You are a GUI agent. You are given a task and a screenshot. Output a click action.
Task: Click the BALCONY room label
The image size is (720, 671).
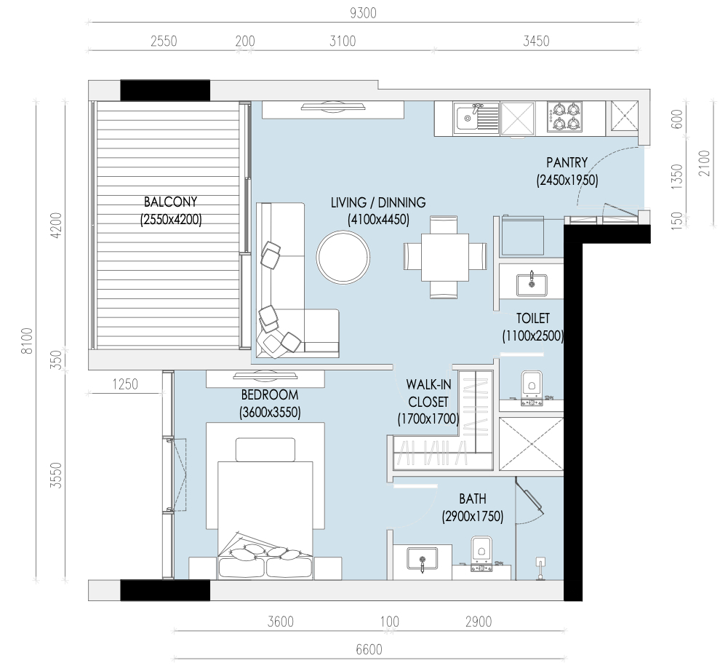pyautogui.click(x=170, y=202)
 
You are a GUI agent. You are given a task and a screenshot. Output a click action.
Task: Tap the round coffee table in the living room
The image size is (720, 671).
pyautogui.click(x=343, y=257)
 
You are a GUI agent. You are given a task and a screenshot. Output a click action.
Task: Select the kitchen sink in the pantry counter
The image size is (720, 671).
pyautogui.click(x=476, y=119)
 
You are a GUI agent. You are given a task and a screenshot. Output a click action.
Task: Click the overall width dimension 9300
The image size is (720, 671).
pyautogui.click(x=363, y=13)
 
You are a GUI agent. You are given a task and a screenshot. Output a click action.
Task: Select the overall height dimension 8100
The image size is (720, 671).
pyautogui.click(x=28, y=341)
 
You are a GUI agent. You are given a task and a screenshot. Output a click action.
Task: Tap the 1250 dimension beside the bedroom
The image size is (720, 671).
pyautogui.click(x=125, y=384)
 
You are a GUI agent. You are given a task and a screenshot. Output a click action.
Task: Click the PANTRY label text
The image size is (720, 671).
pyautogui.click(x=567, y=163)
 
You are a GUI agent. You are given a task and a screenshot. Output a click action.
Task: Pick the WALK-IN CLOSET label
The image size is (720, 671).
pyautogui.click(x=428, y=393)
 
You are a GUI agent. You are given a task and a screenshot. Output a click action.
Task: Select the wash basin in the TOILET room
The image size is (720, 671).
pyautogui.click(x=532, y=284)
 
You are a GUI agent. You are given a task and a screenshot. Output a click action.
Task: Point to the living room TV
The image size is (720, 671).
pyautogui.click(x=333, y=106)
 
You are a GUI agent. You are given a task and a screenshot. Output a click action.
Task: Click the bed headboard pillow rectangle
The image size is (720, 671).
pyautogui.click(x=265, y=450)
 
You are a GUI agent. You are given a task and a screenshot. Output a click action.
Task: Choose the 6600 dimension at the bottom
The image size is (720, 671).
pyautogui.click(x=369, y=650)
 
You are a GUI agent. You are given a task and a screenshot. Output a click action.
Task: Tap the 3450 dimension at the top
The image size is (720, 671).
pyautogui.click(x=536, y=41)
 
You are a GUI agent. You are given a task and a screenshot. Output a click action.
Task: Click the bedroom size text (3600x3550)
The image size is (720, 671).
pyautogui.click(x=270, y=412)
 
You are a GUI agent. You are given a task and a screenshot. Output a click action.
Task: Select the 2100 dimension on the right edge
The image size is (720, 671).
pyautogui.click(x=704, y=163)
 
